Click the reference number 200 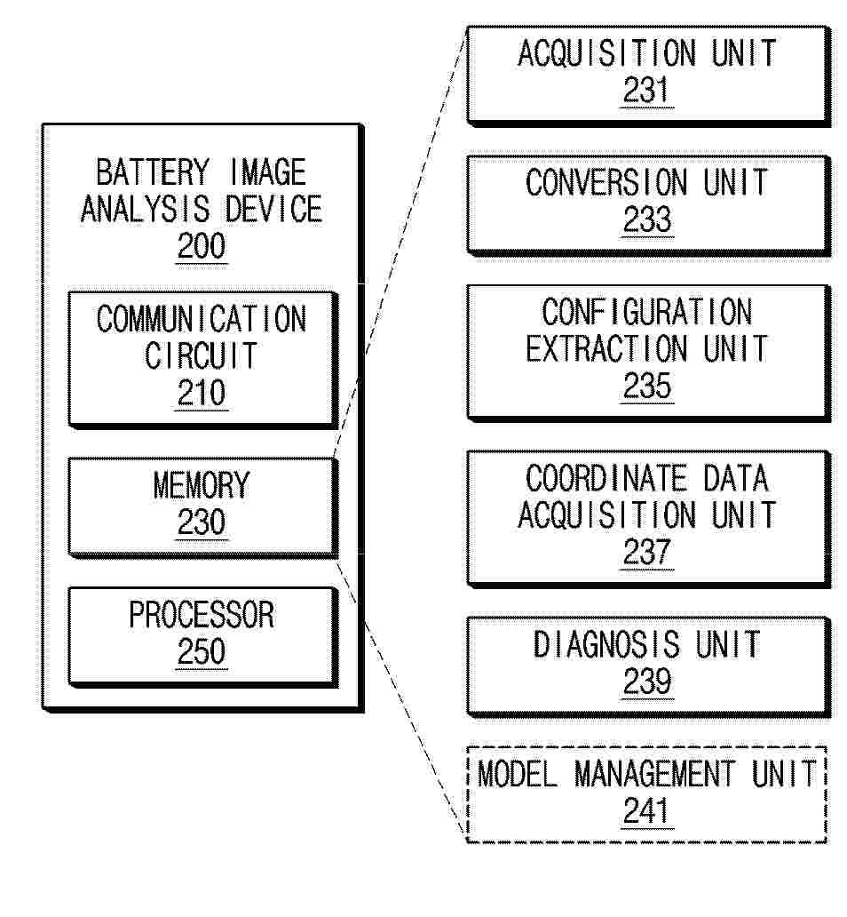pyautogui.click(x=202, y=245)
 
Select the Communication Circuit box pyautogui.click(x=202, y=359)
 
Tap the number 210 pyautogui.click(x=202, y=393)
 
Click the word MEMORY pyautogui.click(x=202, y=485)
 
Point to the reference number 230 pyautogui.click(x=202, y=522)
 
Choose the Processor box pyautogui.click(x=202, y=637)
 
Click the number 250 pyautogui.click(x=202, y=651)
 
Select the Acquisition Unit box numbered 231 pyautogui.click(x=649, y=76)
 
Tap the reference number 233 pyautogui.click(x=647, y=219)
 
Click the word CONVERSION pyautogui.click(x=606, y=182)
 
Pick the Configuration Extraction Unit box pyautogui.click(x=649, y=353)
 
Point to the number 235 pyautogui.click(x=647, y=386)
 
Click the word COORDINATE pyautogui.click(x=606, y=478)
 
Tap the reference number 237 pyautogui.click(x=647, y=552)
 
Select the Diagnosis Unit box pyautogui.click(x=649, y=666)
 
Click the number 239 pyautogui.click(x=647, y=682)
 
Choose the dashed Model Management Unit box pyautogui.click(x=647, y=794)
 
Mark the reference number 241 pyautogui.click(x=647, y=811)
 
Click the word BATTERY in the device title pyautogui.click(x=153, y=172)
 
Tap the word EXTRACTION pyautogui.click(x=606, y=349)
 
